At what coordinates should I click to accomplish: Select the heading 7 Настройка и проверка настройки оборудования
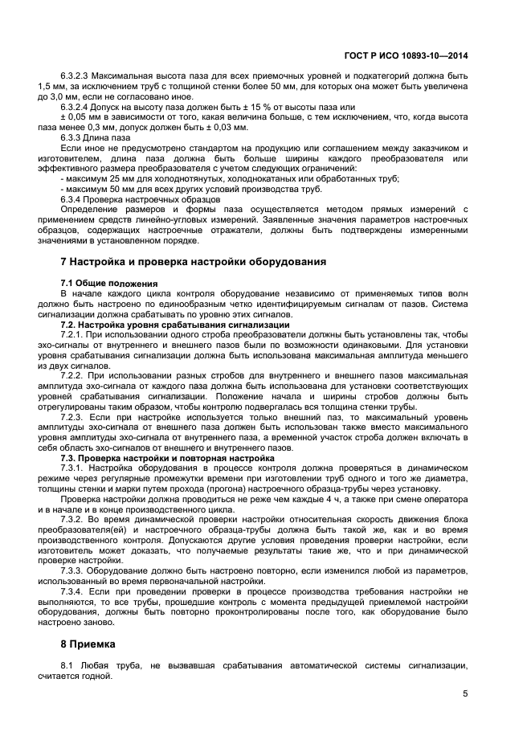[x=193, y=262]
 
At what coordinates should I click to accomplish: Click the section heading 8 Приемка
[x=88, y=644]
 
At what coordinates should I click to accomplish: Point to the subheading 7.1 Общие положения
[x=109, y=284]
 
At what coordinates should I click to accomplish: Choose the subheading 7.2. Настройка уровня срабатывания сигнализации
[x=175, y=324]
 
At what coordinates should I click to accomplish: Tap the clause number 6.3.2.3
[x=76, y=75]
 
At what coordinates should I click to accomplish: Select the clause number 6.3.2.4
[x=76, y=106]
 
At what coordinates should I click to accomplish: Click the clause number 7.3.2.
[x=72, y=519]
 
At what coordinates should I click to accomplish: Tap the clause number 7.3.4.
[x=72, y=591]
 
